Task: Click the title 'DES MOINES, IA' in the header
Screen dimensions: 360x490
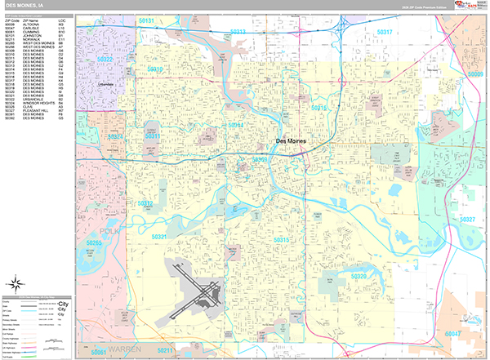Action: coord(26,5)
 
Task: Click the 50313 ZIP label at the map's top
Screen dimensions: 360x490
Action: coord(238,32)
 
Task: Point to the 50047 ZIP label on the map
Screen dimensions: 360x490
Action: coord(452,334)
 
